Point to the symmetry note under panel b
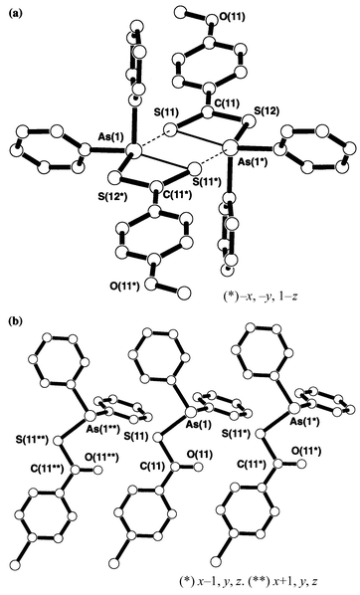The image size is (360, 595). click(268, 577)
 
